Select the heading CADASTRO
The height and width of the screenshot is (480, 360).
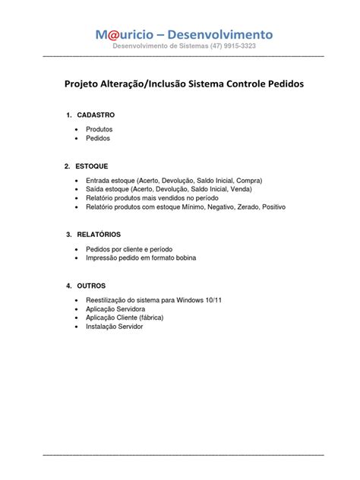pos(96,115)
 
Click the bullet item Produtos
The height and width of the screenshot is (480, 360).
pos(99,131)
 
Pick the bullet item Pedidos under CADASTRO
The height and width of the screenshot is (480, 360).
pos(98,140)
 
